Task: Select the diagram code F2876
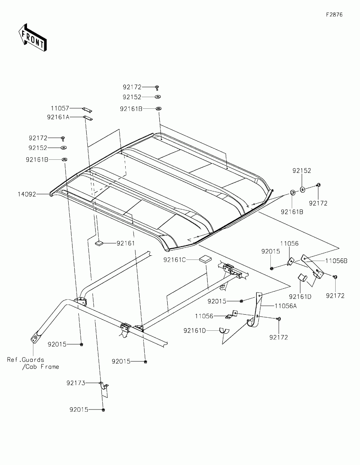[x=334, y=15]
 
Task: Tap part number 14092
[x=27, y=194]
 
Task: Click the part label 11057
[x=60, y=108]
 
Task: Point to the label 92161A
[x=58, y=117]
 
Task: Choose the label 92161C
[x=175, y=259]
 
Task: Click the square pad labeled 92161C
[x=205, y=259]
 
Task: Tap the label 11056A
[x=286, y=306]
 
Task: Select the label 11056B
[x=336, y=261]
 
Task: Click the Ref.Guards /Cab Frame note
[x=33, y=363]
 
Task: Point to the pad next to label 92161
[x=99, y=243]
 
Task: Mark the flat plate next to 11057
[x=87, y=109]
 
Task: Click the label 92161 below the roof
[x=125, y=243]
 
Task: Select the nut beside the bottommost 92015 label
[x=103, y=410]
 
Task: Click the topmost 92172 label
[x=132, y=87]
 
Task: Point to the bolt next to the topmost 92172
[x=157, y=87]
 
